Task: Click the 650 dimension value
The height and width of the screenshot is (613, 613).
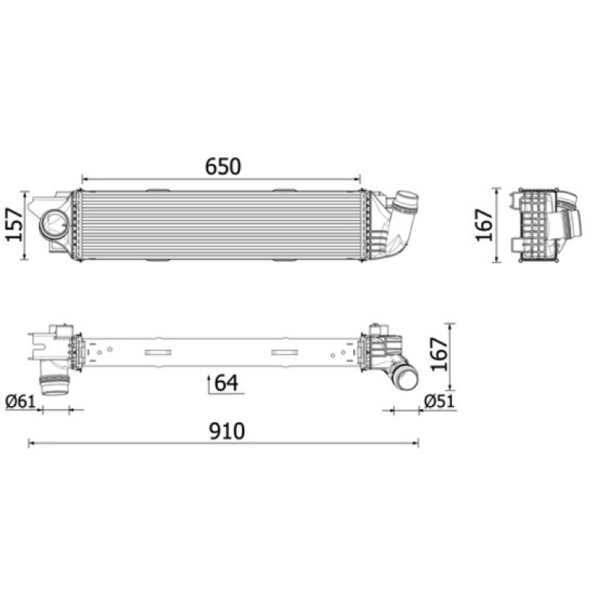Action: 223,166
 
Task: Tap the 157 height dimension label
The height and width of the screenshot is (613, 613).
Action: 15,225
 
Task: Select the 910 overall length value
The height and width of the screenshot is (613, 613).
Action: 227,431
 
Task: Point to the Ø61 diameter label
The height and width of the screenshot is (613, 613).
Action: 21,402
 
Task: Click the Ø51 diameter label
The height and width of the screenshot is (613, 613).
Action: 440,401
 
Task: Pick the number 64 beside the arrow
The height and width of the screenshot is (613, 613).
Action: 226,382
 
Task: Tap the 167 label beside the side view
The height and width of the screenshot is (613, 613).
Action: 484,225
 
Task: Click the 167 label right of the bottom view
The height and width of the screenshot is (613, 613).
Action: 438,354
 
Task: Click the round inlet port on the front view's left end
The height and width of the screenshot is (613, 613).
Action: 54,223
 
